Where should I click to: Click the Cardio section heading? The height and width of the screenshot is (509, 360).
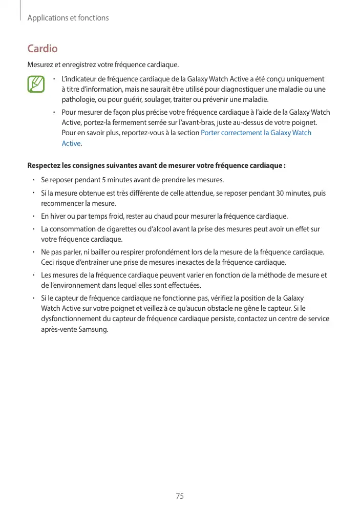tap(42, 49)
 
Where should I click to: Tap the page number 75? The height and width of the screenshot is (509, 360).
tap(180, 496)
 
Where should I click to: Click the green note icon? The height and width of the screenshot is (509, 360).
tap(36, 84)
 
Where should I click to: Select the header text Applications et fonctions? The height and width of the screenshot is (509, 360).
tap(68, 18)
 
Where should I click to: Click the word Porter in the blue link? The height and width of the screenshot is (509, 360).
tap(212, 133)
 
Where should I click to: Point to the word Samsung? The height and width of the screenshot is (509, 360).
tap(92, 329)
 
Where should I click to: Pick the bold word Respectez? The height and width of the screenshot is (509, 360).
tap(45, 166)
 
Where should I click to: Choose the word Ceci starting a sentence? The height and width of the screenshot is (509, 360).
tap(49, 263)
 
